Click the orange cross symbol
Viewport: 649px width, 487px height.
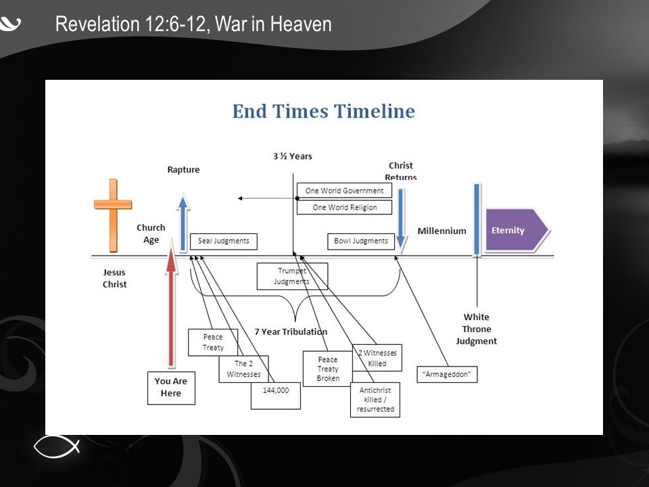(113, 214)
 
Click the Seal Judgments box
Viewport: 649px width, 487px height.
(223, 241)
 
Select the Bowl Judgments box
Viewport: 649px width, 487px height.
(361, 241)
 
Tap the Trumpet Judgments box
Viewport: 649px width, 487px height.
(292, 276)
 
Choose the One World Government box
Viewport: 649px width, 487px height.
(344, 191)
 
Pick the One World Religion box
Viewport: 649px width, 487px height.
(344, 207)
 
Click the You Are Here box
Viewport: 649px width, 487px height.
(171, 387)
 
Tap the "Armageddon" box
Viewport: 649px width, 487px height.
(448, 374)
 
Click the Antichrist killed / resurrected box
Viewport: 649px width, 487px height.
(375, 400)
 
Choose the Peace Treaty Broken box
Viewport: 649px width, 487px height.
(328, 369)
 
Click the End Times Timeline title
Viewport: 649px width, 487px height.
(323, 112)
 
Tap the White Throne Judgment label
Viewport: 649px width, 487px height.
(477, 329)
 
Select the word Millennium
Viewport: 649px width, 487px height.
(441, 231)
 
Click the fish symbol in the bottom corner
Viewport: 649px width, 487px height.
(57, 446)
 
